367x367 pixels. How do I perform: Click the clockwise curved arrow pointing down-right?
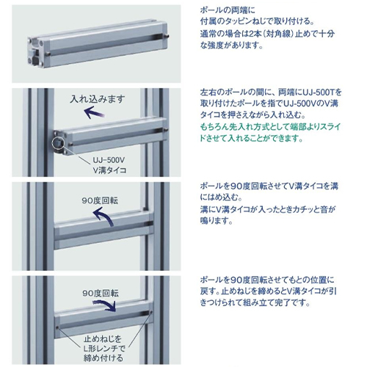109,305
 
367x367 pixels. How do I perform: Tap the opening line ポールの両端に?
228,10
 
